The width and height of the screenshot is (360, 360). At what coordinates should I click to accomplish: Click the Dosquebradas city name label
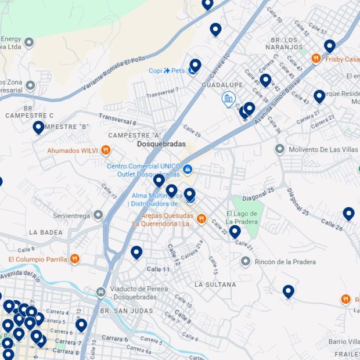(161, 144)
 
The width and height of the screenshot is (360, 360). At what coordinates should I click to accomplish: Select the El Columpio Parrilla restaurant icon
(74, 259)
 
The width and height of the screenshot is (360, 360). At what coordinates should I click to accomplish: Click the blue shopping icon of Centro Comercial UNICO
(188, 170)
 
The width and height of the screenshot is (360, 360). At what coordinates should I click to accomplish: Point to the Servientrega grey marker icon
(98, 215)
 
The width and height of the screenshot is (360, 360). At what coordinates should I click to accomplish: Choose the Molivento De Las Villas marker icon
(279, 150)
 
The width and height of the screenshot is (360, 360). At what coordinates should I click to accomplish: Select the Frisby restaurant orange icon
(316, 59)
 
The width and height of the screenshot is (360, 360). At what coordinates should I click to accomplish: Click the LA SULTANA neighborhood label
(215, 285)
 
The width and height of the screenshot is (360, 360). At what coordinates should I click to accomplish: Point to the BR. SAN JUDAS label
(127, 311)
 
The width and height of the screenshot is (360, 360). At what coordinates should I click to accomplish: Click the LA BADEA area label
(45, 232)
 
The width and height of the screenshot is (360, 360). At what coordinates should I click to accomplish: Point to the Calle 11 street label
(158, 269)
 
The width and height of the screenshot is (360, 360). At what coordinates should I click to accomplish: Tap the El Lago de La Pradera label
(241, 217)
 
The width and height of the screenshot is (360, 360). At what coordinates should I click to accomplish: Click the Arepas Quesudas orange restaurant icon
(201, 219)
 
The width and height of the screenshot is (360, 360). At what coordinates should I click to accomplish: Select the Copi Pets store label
(167, 71)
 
